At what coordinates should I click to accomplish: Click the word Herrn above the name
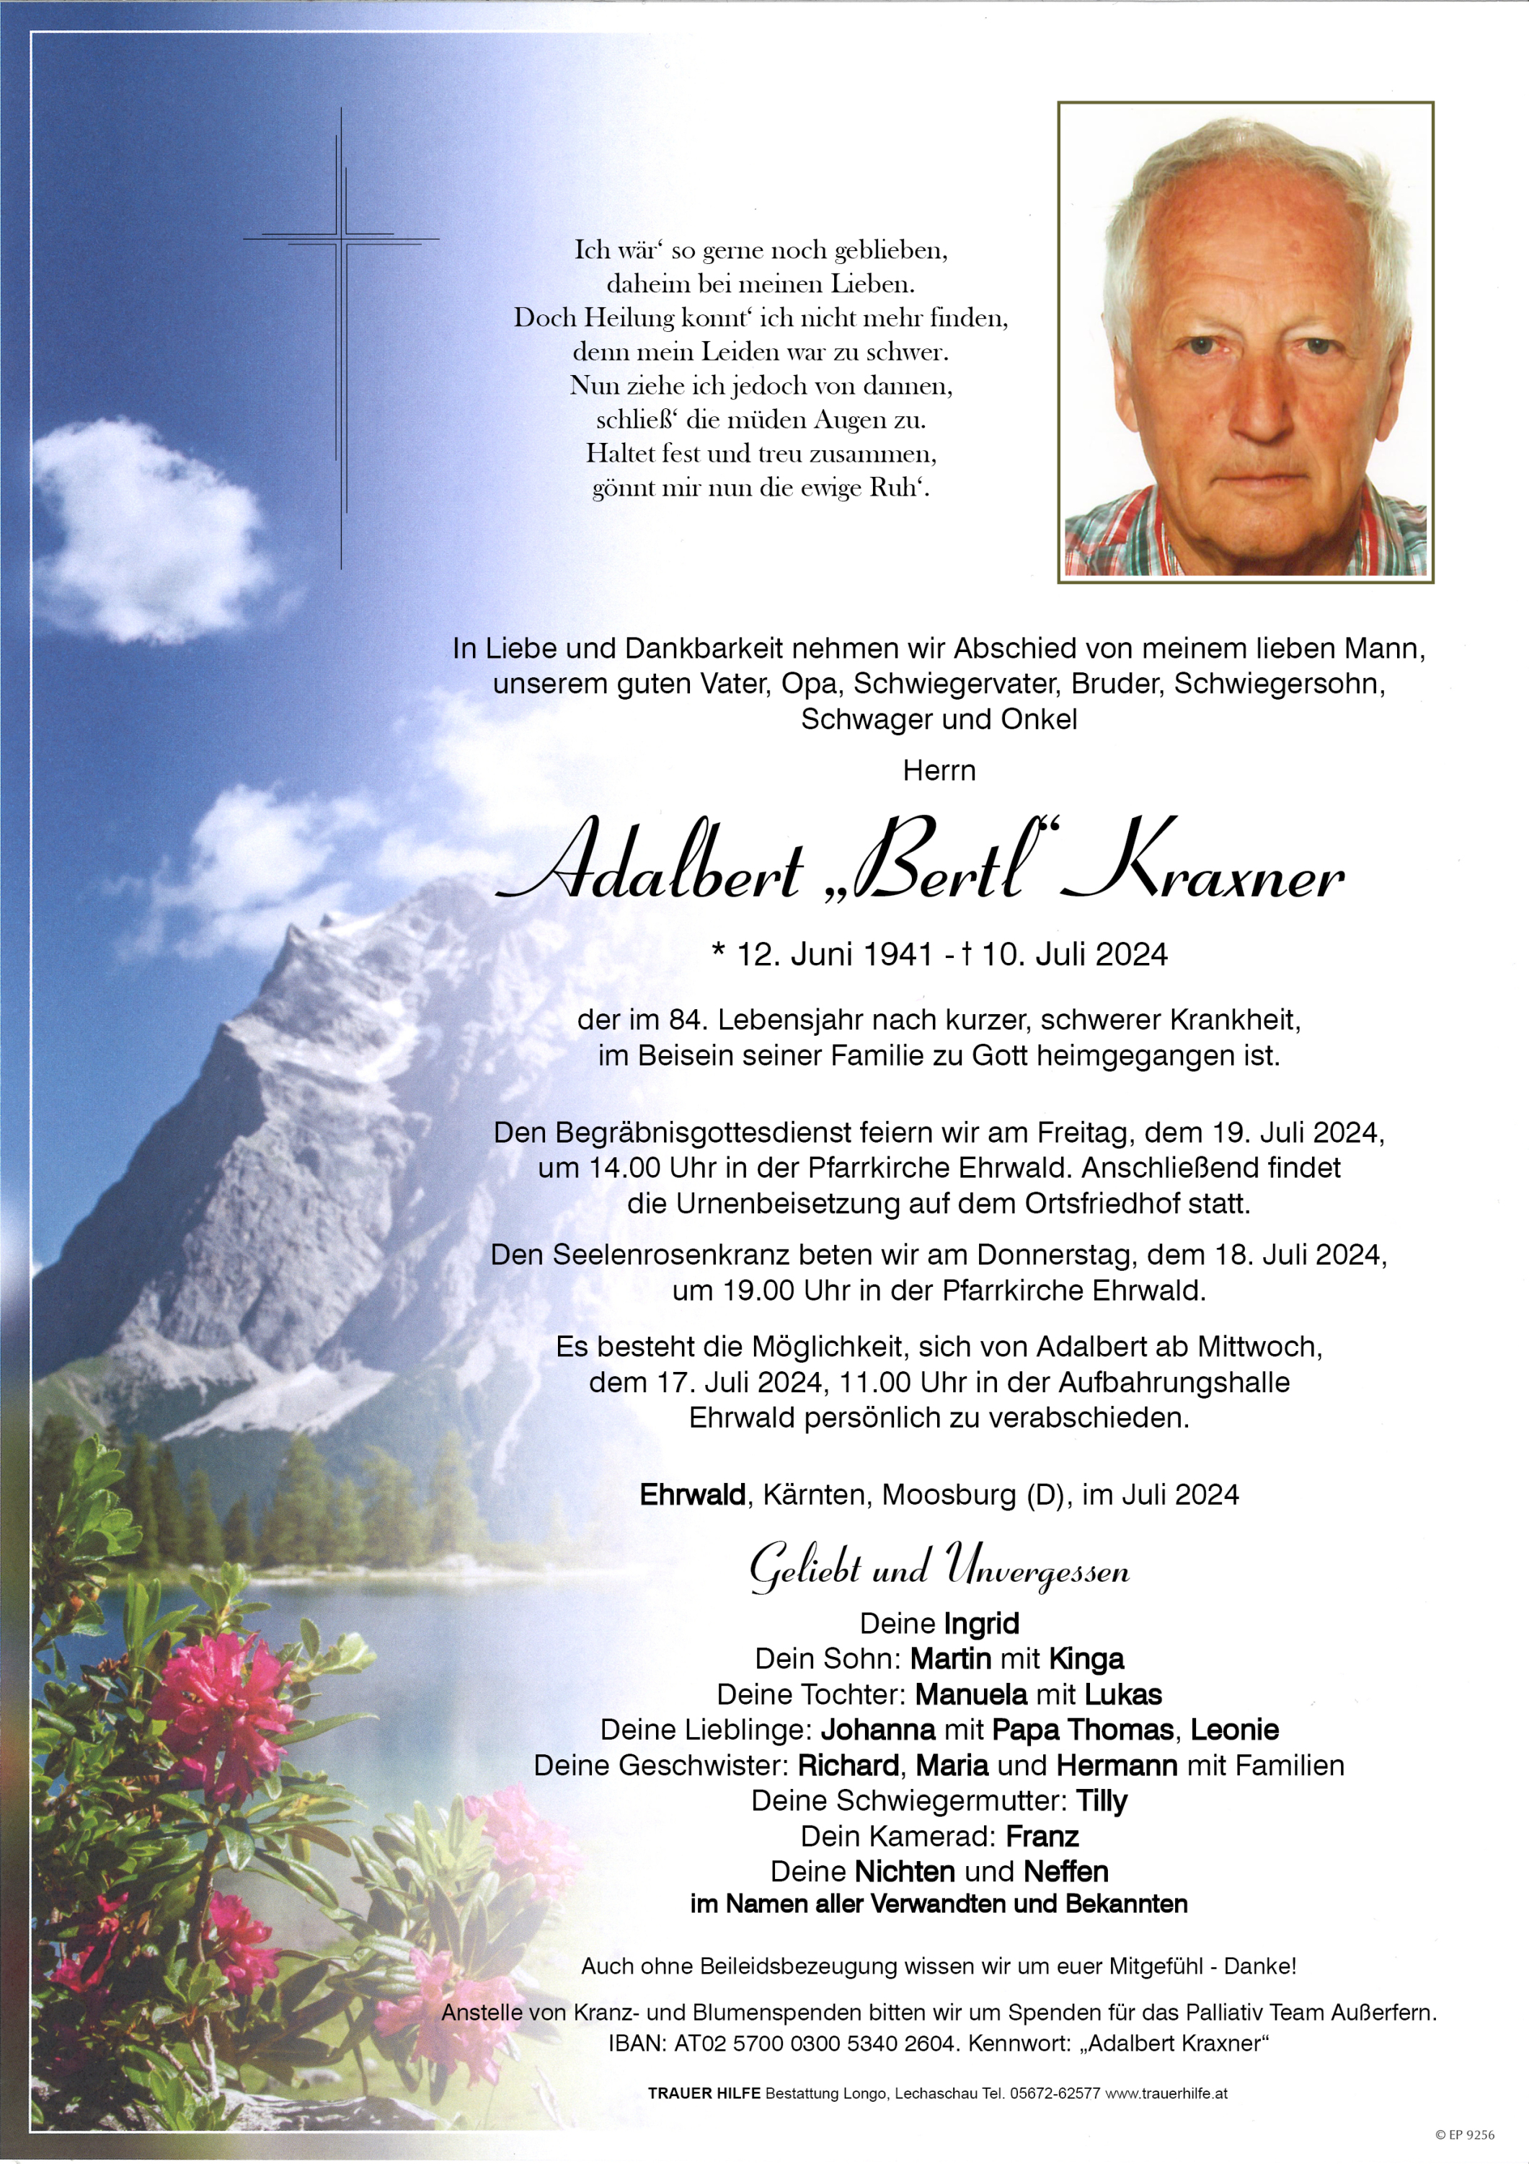tap(939, 770)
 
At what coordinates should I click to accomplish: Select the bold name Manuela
tap(970, 1694)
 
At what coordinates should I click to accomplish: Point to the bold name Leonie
tap(1234, 1730)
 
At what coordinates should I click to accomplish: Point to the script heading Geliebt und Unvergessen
tap(939, 1568)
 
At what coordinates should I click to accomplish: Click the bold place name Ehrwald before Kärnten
tap(693, 1494)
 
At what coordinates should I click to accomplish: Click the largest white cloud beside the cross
tap(151, 528)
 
